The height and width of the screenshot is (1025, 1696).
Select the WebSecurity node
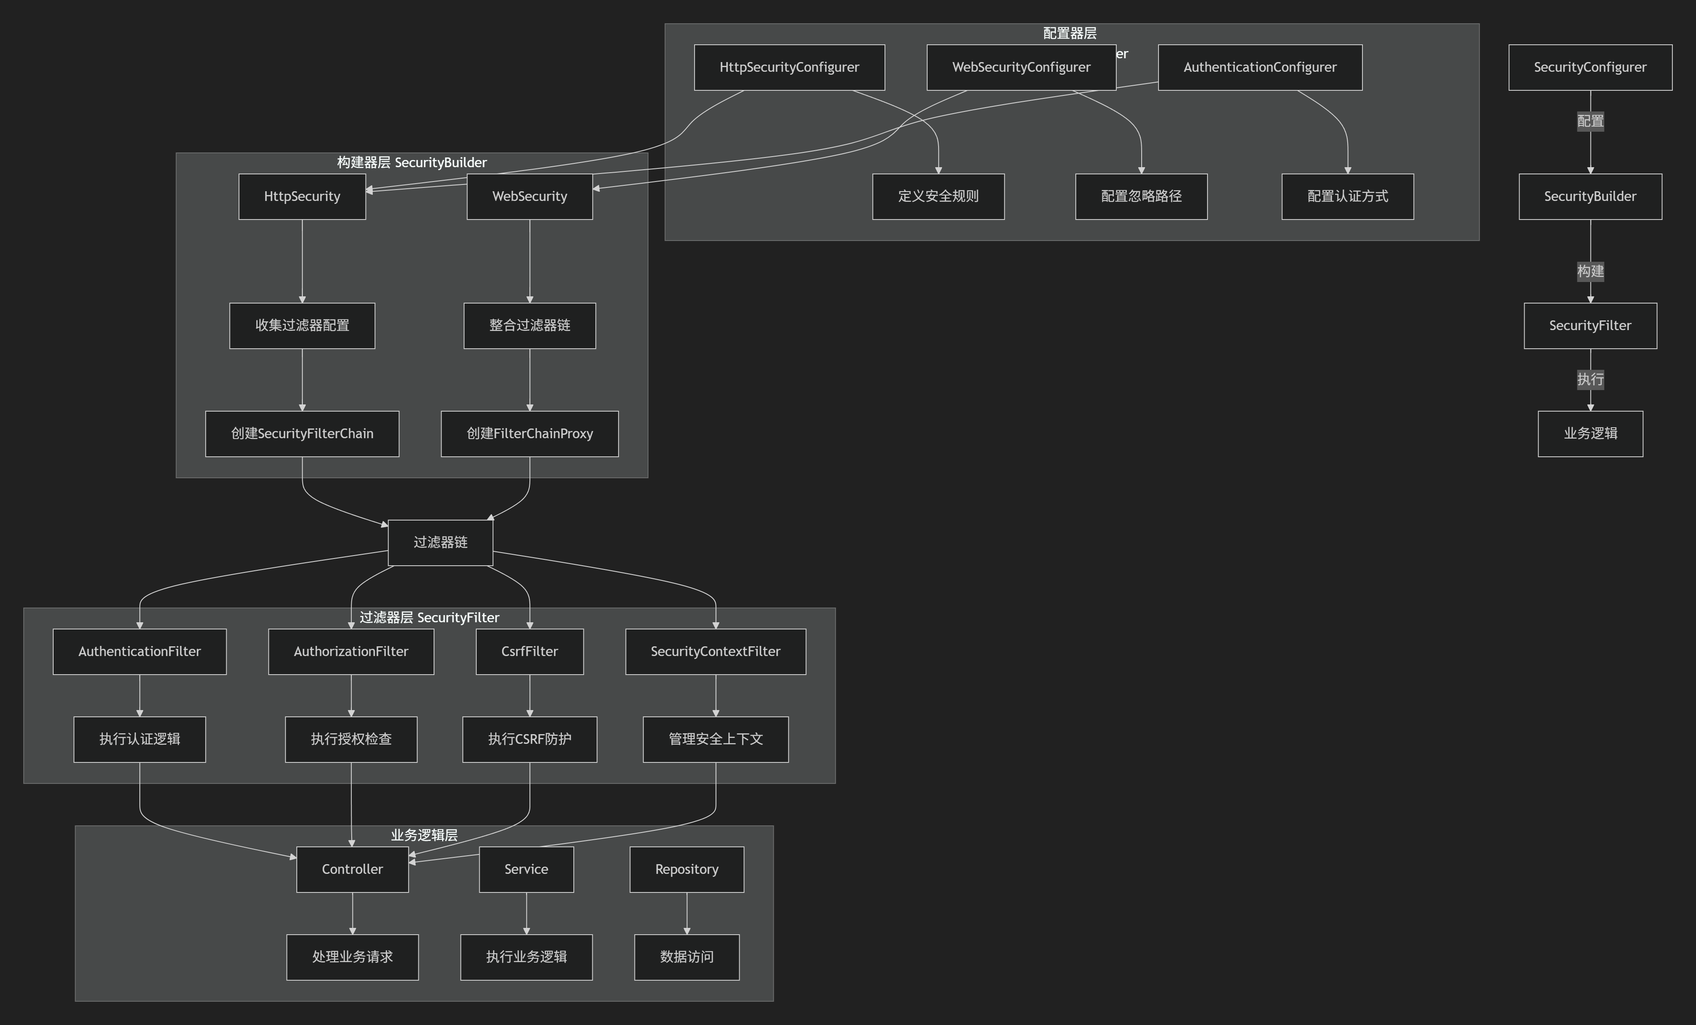pyautogui.click(x=529, y=196)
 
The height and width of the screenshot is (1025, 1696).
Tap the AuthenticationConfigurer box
pyautogui.click(x=1259, y=68)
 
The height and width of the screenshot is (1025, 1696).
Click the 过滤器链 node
pyautogui.click(x=440, y=542)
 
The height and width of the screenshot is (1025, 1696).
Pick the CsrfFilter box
pyautogui.click(x=529, y=651)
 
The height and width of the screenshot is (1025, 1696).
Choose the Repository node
pyautogui.click(x=686, y=869)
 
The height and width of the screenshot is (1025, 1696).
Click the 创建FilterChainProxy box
pyautogui.click(x=529, y=434)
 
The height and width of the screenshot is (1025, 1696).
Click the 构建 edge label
pyautogui.click(x=1590, y=271)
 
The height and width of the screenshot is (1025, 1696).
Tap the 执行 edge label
pyautogui.click(x=1590, y=379)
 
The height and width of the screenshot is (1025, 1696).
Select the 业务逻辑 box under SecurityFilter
pyautogui.click(x=1590, y=434)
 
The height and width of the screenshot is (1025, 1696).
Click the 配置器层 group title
pyautogui.click(x=1069, y=33)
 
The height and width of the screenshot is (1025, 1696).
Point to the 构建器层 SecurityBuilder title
pyautogui.click(x=412, y=163)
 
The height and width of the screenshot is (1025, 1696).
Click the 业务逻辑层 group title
pyautogui.click(x=424, y=835)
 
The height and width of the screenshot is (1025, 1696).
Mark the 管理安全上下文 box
pyautogui.click(x=715, y=739)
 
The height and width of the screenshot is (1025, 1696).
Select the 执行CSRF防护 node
pyautogui.click(x=529, y=739)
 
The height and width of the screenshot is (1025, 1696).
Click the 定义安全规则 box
pyautogui.click(x=938, y=196)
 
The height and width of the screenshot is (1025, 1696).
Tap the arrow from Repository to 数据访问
pyautogui.click(x=686, y=914)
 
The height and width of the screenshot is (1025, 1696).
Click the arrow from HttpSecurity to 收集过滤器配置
pyautogui.click(x=302, y=262)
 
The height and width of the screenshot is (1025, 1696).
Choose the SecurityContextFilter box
pyautogui.click(x=715, y=651)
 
